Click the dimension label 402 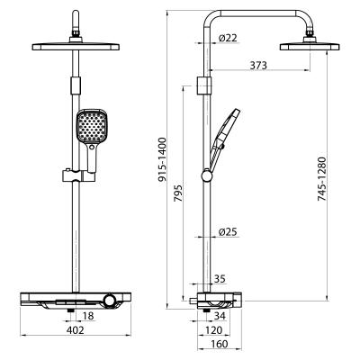click(76, 330)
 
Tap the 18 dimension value click(88, 316)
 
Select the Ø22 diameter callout click(228, 38)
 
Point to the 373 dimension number click(258, 65)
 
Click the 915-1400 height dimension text click(162, 159)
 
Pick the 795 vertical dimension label click(178, 193)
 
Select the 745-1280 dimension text click(322, 179)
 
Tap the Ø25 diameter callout click(228, 232)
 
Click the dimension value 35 click(220, 279)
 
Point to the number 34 click(220, 316)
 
